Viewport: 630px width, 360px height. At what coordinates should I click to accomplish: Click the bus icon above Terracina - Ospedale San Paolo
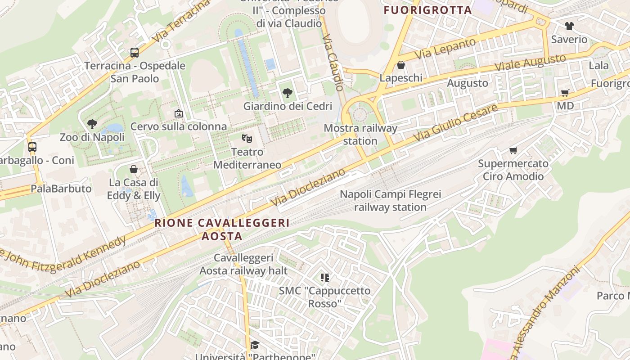(134, 52)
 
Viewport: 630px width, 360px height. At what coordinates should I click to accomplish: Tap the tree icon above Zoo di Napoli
(92, 124)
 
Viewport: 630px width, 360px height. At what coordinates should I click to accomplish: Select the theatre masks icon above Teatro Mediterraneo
(246, 138)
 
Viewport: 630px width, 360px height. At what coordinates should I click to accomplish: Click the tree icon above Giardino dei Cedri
(287, 93)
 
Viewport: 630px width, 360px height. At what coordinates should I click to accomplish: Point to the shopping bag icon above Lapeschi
(401, 65)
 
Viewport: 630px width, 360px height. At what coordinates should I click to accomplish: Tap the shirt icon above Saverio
(569, 26)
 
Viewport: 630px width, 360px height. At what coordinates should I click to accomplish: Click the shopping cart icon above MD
(565, 93)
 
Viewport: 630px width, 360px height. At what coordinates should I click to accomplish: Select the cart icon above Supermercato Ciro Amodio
(513, 150)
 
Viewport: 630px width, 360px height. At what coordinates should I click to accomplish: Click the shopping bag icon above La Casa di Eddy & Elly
(134, 169)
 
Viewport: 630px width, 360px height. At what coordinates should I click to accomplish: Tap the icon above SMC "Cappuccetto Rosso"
(325, 277)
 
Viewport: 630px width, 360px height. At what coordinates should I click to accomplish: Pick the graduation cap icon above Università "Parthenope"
(255, 345)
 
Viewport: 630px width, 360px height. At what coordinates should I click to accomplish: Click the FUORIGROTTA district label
(427, 10)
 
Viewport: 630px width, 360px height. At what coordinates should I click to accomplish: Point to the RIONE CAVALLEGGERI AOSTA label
(222, 229)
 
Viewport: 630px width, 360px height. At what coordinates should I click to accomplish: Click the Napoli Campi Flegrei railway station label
(390, 201)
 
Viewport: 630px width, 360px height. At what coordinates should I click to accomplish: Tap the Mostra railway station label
(360, 135)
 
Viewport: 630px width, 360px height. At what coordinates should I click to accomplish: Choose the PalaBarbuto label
(61, 189)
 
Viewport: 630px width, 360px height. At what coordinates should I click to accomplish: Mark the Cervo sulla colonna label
(179, 126)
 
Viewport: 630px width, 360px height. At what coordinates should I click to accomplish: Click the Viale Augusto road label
(530, 63)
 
